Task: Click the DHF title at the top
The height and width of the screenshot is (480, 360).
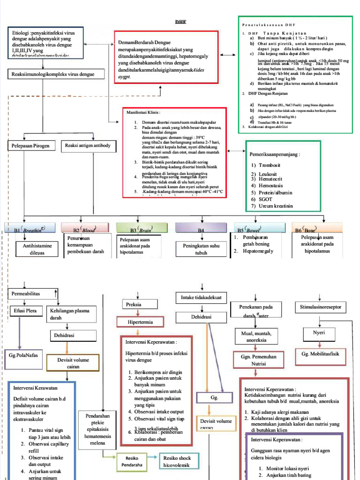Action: [x=180, y=22]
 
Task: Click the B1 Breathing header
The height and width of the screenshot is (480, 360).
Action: [x=31, y=229]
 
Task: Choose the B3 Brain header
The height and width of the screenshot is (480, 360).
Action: [x=142, y=229]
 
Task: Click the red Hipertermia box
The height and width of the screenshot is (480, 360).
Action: [x=140, y=322]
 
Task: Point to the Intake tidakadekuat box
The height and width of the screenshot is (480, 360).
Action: [x=201, y=297]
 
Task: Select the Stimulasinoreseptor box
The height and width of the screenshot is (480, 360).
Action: [x=321, y=307]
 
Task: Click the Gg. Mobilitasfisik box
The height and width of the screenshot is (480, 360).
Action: [x=321, y=354]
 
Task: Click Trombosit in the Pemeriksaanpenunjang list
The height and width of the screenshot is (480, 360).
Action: [x=267, y=165]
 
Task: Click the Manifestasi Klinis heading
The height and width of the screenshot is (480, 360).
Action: [x=143, y=113]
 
